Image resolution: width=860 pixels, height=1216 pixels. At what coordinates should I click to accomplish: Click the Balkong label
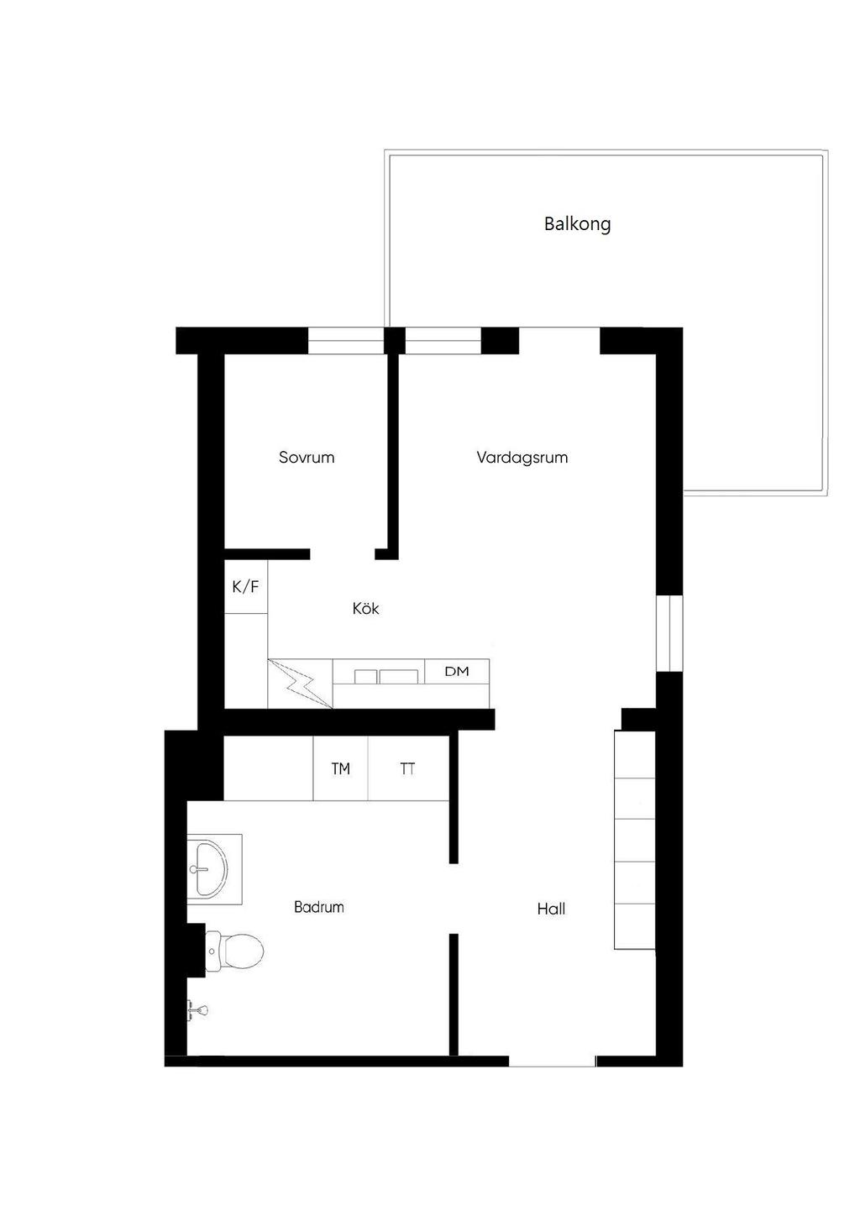(x=577, y=224)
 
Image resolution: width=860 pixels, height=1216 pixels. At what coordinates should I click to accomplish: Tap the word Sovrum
(x=307, y=457)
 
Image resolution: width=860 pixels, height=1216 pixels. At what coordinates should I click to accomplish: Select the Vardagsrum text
(x=522, y=458)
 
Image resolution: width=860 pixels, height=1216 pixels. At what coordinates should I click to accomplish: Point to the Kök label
(x=366, y=608)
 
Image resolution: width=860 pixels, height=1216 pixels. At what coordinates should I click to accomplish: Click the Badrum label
(x=318, y=907)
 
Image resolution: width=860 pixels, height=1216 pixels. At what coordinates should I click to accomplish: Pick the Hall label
(x=551, y=909)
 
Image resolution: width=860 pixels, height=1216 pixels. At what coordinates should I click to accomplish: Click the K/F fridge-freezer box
(x=246, y=587)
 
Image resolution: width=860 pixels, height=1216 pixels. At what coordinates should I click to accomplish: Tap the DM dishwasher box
(x=457, y=672)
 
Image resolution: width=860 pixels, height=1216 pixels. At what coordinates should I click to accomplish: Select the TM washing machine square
(x=340, y=768)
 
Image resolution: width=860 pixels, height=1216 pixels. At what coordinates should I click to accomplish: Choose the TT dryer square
(x=408, y=768)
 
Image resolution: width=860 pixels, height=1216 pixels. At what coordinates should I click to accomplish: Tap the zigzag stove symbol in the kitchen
(x=300, y=684)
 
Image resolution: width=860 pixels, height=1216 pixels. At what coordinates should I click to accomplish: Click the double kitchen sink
(x=386, y=676)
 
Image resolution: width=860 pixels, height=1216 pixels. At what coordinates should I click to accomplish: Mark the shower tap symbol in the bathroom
(x=197, y=1009)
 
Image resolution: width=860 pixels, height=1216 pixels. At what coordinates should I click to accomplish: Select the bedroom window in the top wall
(x=346, y=340)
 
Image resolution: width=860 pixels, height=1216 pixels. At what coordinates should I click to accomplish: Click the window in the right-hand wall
(x=669, y=633)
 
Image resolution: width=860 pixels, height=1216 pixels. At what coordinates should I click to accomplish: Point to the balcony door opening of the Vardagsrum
(x=559, y=340)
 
